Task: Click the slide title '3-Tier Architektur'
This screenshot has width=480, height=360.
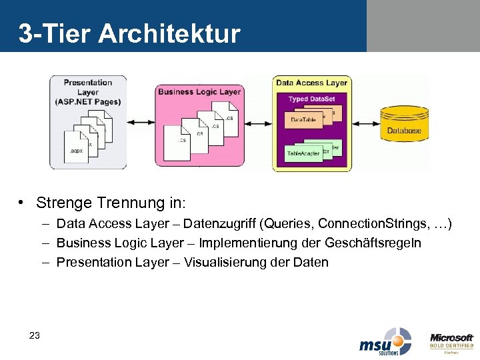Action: tap(129, 33)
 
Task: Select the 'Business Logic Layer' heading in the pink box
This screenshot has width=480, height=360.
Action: tap(199, 92)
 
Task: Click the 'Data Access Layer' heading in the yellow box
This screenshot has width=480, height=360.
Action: tap(311, 83)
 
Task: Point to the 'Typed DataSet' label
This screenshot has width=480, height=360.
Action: tap(311, 99)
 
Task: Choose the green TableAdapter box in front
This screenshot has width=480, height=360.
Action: tap(303, 154)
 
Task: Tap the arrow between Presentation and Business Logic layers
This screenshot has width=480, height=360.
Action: tap(141, 123)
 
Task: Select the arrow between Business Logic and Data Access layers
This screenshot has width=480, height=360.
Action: tap(257, 123)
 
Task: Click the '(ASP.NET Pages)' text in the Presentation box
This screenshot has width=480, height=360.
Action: tap(88, 101)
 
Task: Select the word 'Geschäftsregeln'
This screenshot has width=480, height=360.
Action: tap(380, 243)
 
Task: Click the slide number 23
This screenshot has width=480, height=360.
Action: tap(35, 335)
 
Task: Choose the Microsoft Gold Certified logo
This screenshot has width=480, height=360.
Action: tap(451, 341)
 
